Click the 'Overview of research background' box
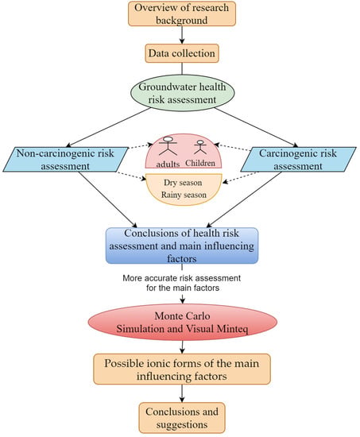[182, 14]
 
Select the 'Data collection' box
[182, 53]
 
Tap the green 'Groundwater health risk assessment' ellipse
[182, 93]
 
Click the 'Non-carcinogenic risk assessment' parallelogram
[66, 160]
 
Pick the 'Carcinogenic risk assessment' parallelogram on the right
[298, 160]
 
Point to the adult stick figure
[168, 145]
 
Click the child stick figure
[200, 147]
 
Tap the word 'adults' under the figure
[168, 164]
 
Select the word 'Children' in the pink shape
[200, 163]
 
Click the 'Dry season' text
[183, 183]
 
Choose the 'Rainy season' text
[184, 195]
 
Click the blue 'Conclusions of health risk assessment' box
[182, 246]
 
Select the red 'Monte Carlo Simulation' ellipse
[182, 322]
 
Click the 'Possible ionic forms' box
[182, 369]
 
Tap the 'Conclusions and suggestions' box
[182, 418]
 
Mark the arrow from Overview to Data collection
[182, 35]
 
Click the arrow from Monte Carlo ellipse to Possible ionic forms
[182, 347]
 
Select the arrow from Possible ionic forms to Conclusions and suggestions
[182, 393]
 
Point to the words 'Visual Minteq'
[216, 329]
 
